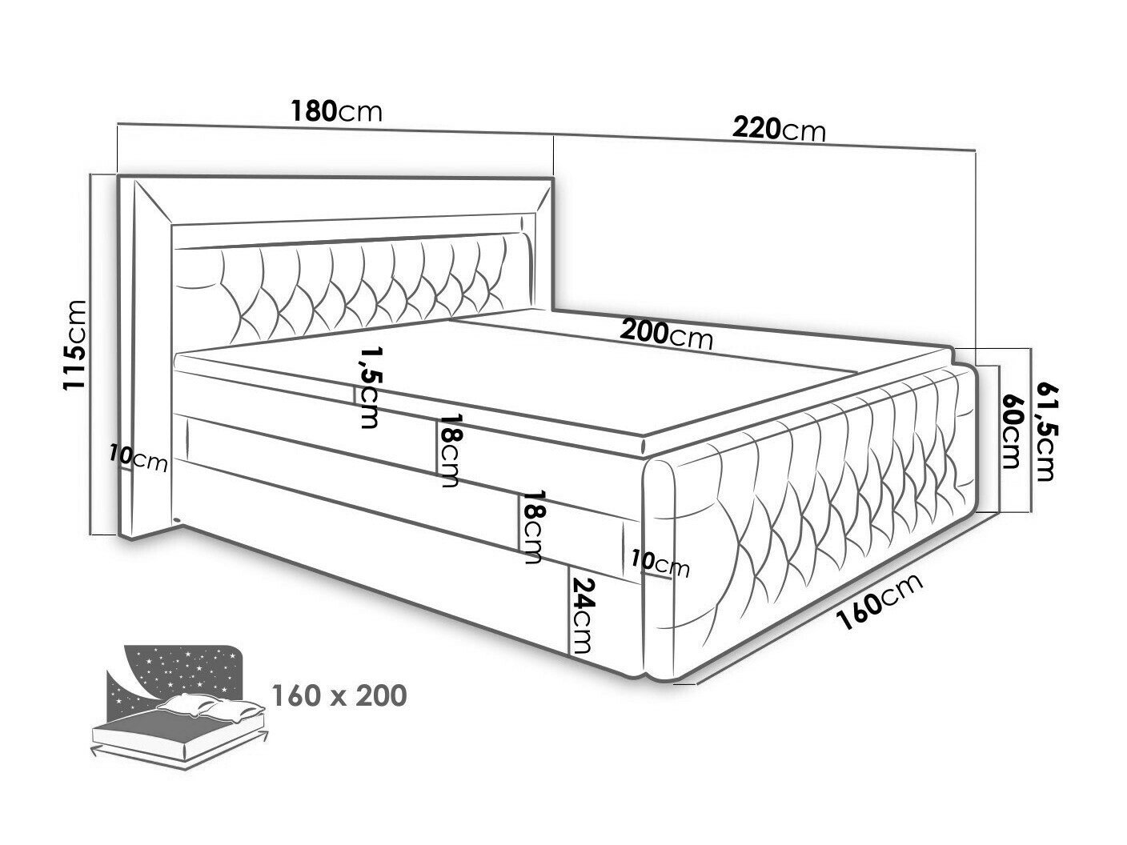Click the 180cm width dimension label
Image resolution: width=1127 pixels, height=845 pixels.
click(336, 111)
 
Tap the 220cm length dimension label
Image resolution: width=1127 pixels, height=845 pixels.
click(779, 129)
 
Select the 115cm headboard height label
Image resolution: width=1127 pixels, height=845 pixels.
click(74, 345)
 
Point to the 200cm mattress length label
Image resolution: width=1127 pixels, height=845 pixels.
click(666, 334)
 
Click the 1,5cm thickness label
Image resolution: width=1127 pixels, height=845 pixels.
click(371, 387)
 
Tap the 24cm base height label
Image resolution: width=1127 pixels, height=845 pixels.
click(583, 615)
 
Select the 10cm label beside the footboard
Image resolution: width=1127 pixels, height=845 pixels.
click(660, 563)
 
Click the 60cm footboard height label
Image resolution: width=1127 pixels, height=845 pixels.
click(1010, 431)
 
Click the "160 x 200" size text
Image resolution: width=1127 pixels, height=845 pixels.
click(339, 695)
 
